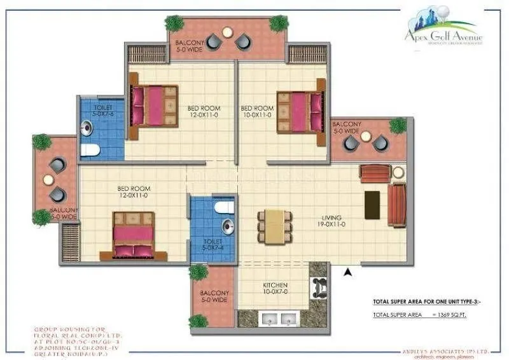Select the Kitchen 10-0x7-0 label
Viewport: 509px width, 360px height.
pyautogui.click(x=275, y=288)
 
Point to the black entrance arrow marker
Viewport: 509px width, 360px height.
pyautogui.click(x=347, y=272)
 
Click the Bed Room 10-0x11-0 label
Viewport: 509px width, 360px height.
pyautogui.click(x=258, y=111)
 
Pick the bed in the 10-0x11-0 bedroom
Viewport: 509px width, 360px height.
pyautogui.click(x=300, y=111)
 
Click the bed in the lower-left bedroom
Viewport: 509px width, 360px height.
pyautogui.click(x=133, y=235)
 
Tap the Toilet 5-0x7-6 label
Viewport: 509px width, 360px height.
pyautogui.click(x=103, y=111)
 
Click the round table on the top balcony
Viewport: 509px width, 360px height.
pyautogui.click(x=227, y=32)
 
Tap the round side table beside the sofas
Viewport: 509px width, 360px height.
pyautogui.click(x=398, y=172)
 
